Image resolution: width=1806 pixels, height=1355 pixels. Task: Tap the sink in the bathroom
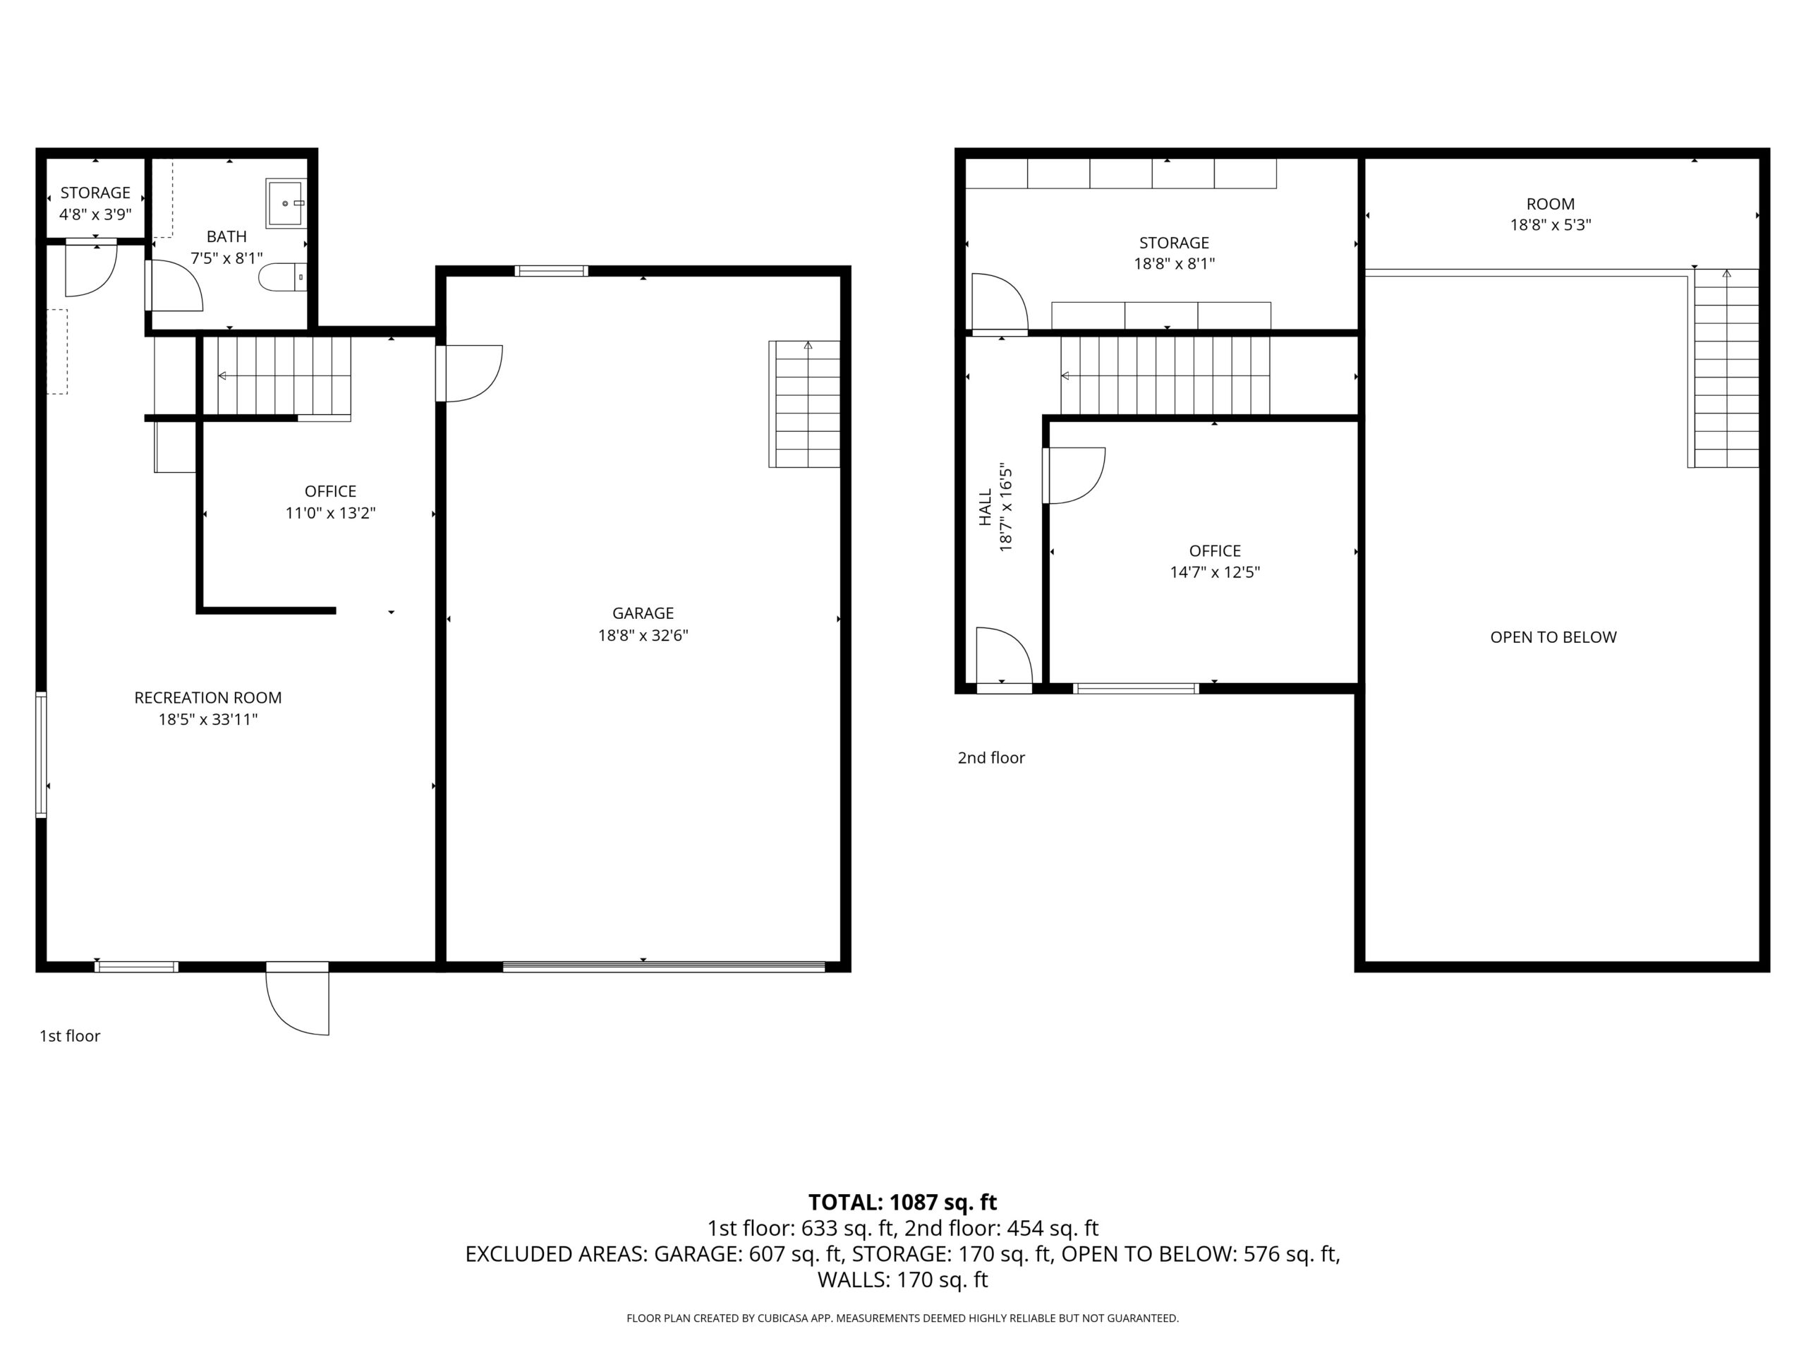[x=286, y=203]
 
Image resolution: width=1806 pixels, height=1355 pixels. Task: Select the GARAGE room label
[x=643, y=613]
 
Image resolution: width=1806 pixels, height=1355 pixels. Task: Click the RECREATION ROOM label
[x=207, y=697]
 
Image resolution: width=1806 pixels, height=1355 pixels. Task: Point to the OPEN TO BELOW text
[x=1552, y=637]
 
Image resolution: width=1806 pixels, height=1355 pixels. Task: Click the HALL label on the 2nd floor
[x=986, y=507]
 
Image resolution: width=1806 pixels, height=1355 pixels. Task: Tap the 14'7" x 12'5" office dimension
[x=1214, y=572]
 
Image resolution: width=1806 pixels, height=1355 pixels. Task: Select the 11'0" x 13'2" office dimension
[x=330, y=513]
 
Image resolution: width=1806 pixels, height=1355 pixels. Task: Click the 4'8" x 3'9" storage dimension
[x=95, y=215]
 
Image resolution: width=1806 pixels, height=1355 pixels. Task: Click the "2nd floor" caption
[x=990, y=758]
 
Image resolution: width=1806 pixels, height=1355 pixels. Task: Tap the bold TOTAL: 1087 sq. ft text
[x=902, y=1203]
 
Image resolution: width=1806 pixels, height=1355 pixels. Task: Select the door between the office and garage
[x=469, y=373]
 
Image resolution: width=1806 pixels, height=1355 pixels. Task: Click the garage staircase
[x=804, y=404]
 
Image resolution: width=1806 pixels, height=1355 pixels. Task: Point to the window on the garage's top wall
[x=551, y=271]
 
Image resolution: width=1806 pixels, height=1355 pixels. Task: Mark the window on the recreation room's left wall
[x=41, y=754]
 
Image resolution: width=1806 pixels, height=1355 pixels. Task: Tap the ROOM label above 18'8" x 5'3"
[x=1550, y=204]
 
